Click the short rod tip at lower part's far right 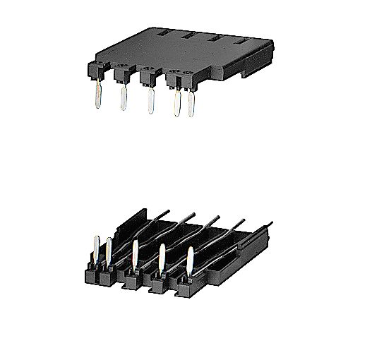coord(271,231)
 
